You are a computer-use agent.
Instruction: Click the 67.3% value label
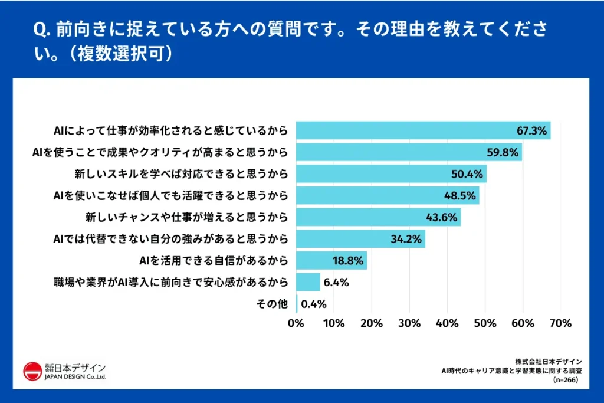[530, 131]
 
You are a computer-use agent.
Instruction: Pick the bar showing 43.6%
[377, 217]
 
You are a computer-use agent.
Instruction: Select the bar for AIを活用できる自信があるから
[331, 260]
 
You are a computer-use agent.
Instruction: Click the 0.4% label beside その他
[314, 304]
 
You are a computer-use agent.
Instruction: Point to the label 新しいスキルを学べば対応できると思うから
[181, 174]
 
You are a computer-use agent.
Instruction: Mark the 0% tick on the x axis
[296, 323]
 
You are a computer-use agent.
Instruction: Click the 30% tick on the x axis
[409, 323]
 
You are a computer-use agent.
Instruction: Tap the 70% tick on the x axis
[560, 323]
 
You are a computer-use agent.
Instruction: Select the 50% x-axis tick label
[485, 323]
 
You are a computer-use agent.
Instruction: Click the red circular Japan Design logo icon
[32, 371]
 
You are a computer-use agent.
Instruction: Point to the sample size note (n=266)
[566, 381]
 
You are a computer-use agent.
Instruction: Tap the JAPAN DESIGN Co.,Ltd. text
[75, 376]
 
